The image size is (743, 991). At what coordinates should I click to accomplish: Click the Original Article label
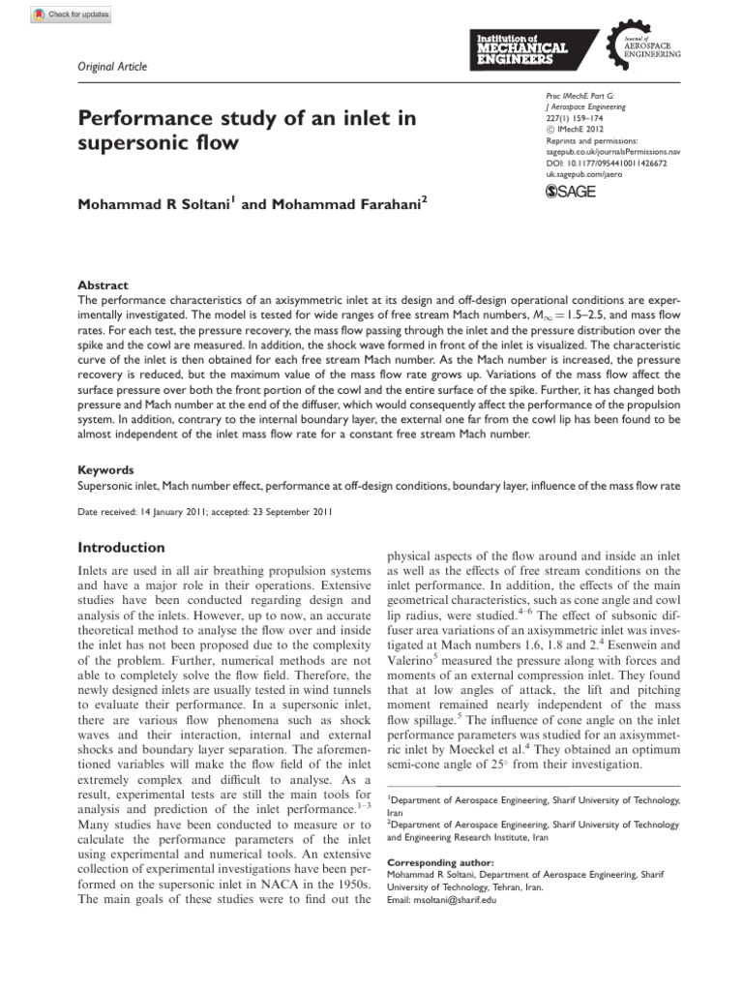pos(112,66)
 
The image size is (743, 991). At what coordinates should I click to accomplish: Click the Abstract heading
pos(103,285)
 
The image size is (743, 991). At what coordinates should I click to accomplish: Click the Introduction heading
pos(121,547)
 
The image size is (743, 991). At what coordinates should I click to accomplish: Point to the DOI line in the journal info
pos(600,164)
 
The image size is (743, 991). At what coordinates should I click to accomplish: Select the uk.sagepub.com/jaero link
pos(579,175)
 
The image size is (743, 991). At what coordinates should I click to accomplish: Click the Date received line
pos(205,512)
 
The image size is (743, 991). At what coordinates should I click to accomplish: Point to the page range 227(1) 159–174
pos(566,118)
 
